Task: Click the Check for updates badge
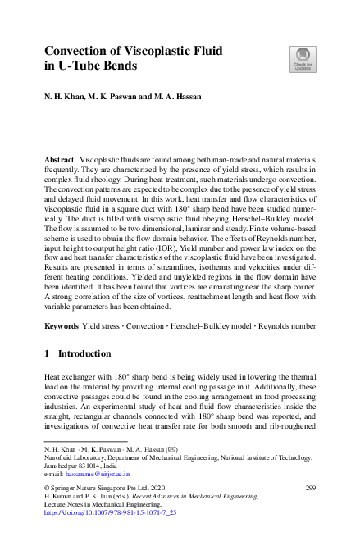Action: tap(302, 58)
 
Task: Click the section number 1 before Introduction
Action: tap(47, 353)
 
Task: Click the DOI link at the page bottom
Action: tap(110, 512)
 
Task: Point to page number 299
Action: tap(310, 488)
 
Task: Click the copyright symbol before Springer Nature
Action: tap(46, 488)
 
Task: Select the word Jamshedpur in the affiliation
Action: tap(65, 466)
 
